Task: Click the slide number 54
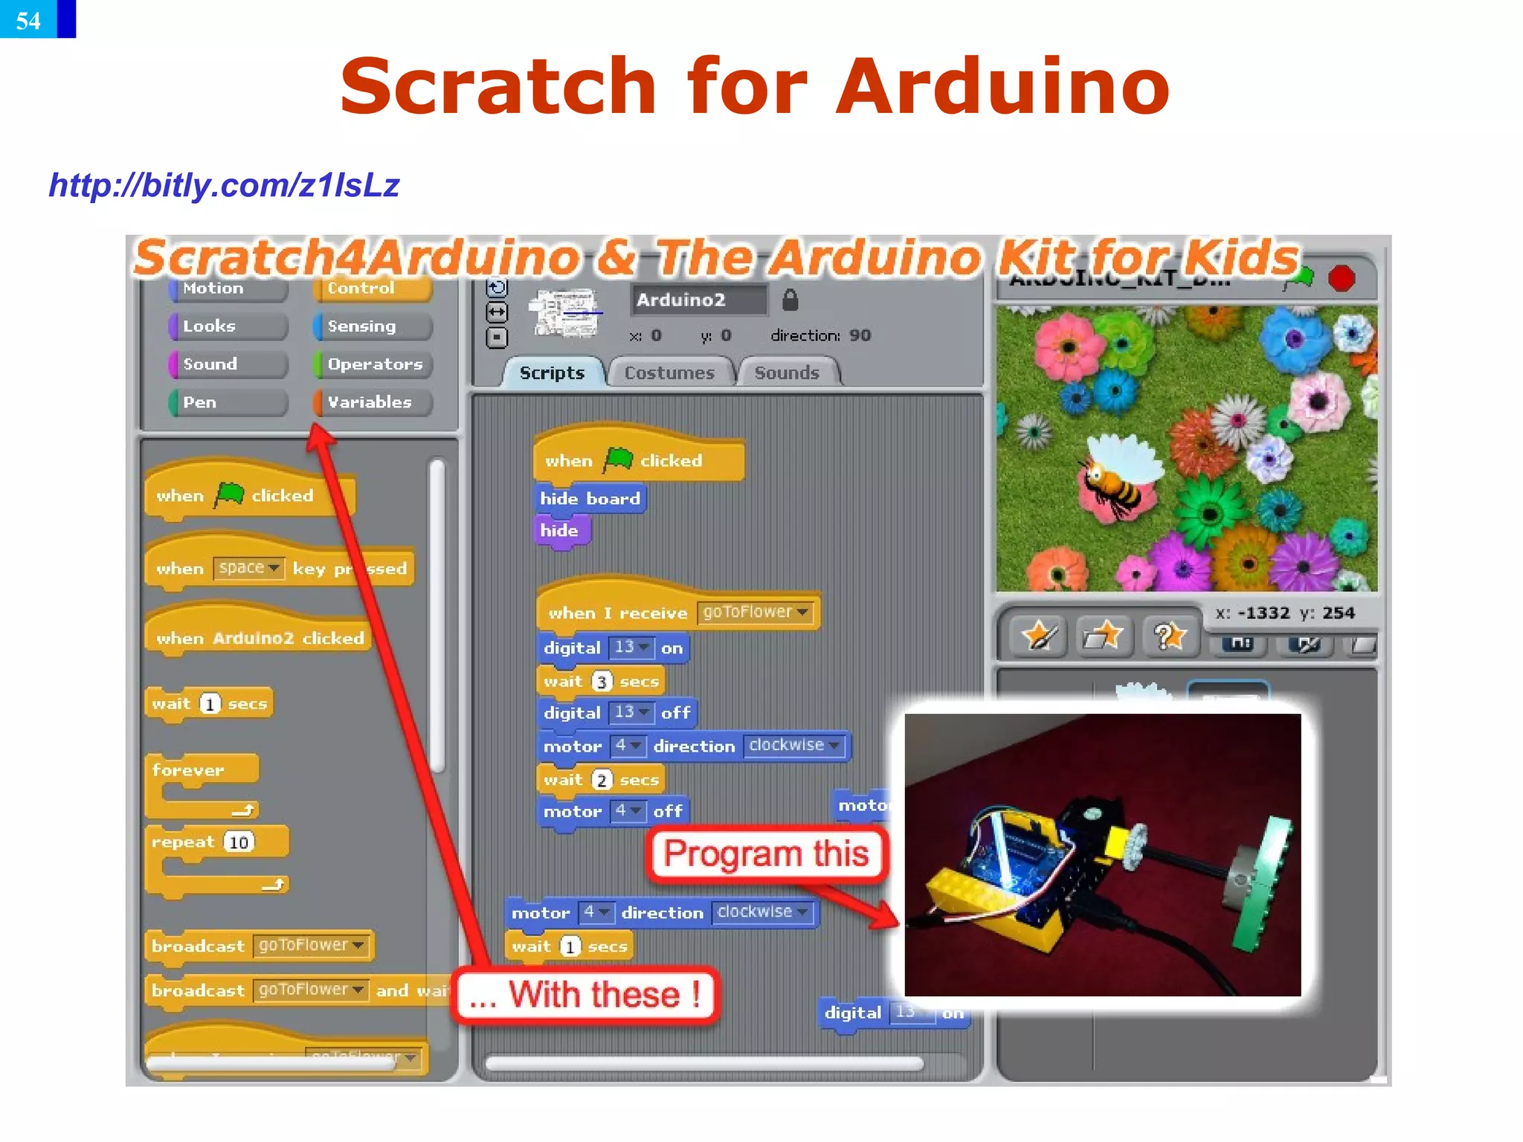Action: [28, 19]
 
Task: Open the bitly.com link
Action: [224, 185]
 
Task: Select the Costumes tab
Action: [669, 372]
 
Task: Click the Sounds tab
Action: [787, 372]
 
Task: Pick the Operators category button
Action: [374, 364]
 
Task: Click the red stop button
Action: [1342, 279]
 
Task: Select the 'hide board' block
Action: [590, 498]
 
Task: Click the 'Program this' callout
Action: [766, 854]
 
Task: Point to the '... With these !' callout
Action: [586, 995]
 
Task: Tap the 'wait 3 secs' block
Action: [600, 681]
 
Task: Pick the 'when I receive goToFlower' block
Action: [677, 613]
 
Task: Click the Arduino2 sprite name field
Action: [698, 300]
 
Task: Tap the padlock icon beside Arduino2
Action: [790, 300]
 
